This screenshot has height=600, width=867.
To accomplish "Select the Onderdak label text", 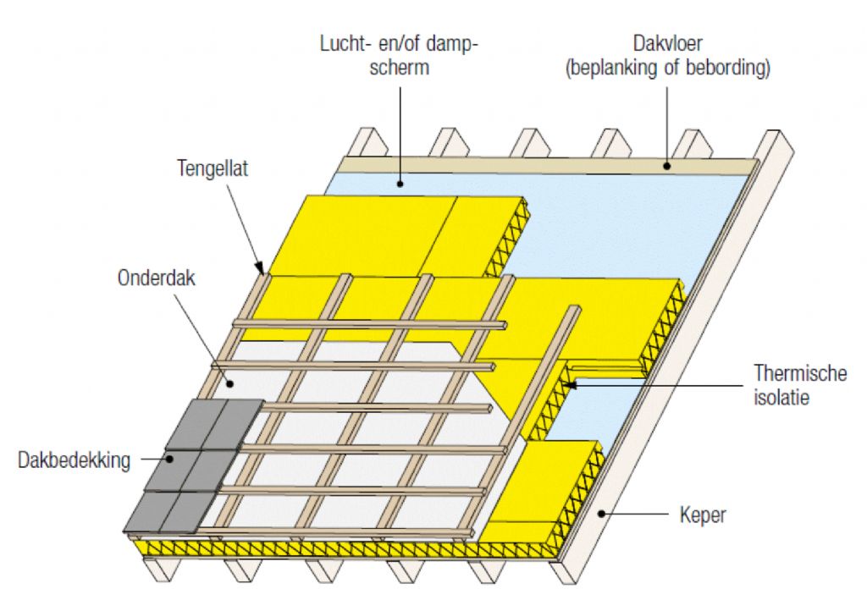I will [x=157, y=278].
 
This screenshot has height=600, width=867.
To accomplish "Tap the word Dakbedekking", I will [x=74, y=461].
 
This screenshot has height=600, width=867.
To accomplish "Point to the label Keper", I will [x=703, y=514].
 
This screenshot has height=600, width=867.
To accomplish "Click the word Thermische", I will [x=800, y=373].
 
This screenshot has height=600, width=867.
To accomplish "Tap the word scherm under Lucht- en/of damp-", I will [x=400, y=67].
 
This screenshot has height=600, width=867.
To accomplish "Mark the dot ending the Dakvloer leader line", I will [x=667, y=166].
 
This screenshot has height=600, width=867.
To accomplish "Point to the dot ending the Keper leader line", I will [x=600, y=513].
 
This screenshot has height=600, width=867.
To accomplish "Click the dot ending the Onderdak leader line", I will [x=228, y=383].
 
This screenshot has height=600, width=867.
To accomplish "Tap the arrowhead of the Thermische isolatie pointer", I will [x=568, y=385].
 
